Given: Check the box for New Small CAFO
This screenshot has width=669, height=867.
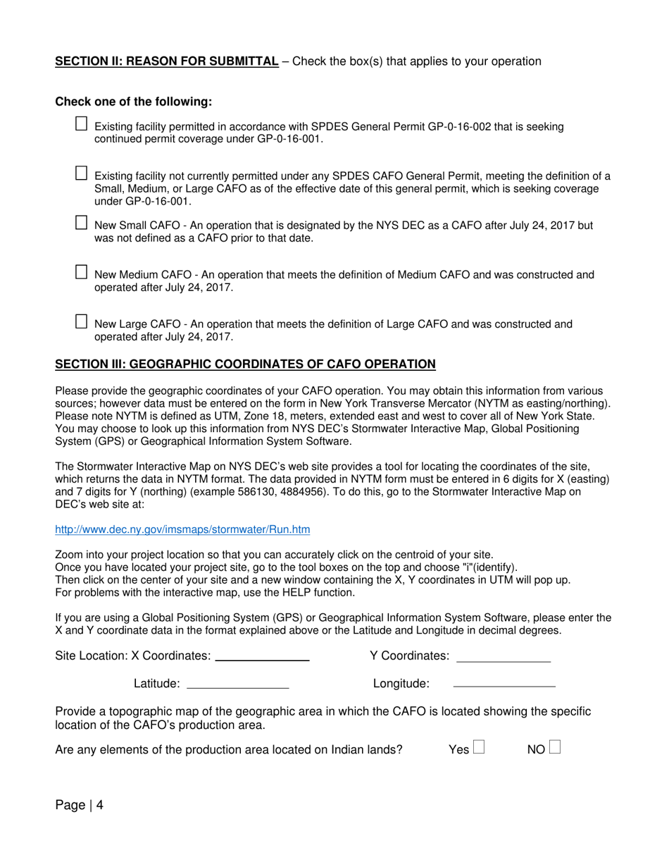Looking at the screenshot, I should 81,223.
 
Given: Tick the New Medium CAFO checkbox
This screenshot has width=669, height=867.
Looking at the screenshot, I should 81,272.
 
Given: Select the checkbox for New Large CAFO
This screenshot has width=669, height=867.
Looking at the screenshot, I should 81,321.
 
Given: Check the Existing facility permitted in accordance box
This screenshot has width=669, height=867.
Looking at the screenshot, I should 81,123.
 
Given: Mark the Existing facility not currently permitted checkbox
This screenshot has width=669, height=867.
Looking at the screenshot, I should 81,173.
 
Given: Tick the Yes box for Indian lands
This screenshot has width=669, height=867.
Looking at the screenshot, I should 479,747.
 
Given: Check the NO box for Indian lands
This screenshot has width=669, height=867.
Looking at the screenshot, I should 555,747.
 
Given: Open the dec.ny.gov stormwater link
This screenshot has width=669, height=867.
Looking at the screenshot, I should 182,529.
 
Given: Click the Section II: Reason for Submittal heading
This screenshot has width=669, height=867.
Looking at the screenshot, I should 167,61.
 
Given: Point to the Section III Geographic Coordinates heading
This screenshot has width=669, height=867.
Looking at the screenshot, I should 245,364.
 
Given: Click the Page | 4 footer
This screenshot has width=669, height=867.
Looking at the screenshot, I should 80,805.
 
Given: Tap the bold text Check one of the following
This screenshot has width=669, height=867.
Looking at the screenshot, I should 134,102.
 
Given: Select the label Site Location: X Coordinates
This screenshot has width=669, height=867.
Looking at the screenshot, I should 132,656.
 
